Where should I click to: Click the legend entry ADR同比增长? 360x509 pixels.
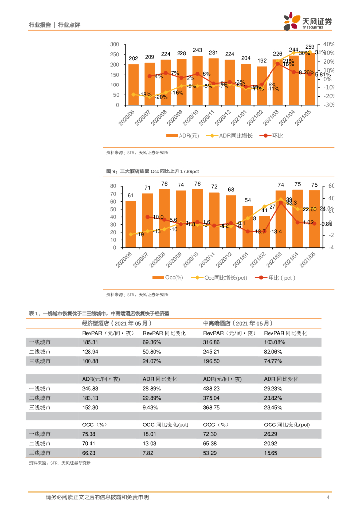(x=236, y=135)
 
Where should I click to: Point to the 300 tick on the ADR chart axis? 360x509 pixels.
(x=114, y=44)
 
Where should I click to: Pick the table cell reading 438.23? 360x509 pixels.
(x=212, y=388)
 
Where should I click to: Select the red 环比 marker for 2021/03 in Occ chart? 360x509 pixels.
(x=280, y=203)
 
